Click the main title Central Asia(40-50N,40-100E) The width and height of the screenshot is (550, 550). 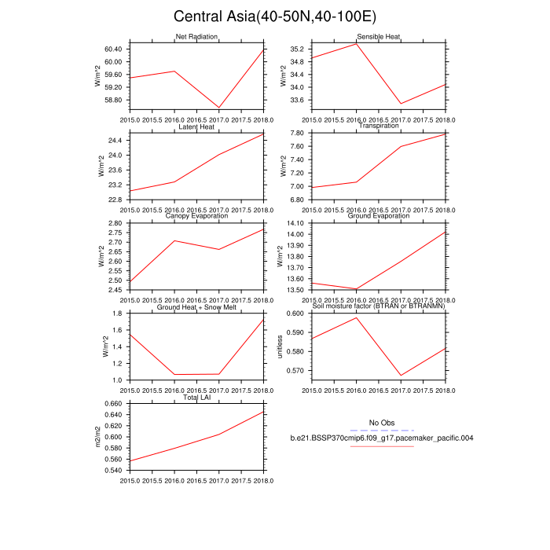(x=275, y=16)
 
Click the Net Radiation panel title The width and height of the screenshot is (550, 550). (x=196, y=37)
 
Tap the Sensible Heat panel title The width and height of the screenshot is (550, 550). (x=379, y=37)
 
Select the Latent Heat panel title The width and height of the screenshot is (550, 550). (x=196, y=126)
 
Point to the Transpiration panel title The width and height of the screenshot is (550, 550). (x=379, y=126)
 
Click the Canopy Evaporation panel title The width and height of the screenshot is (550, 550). (x=196, y=216)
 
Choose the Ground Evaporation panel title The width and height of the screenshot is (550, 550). (x=379, y=216)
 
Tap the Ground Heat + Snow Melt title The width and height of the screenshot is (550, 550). (x=196, y=306)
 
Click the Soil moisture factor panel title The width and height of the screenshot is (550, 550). (x=379, y=306)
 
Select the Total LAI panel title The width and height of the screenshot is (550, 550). (x=196, y=397)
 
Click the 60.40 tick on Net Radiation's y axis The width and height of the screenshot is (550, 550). (x=114, y=49)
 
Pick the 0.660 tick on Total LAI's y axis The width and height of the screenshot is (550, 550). (x=114, y=404)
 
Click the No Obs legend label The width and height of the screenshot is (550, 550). (x=381, y=423)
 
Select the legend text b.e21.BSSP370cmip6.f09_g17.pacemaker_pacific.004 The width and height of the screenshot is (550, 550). (x=381, y=438)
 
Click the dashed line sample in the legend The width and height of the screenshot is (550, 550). (x=381, y=431)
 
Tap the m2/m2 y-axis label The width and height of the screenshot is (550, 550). (x=99, y=437)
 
